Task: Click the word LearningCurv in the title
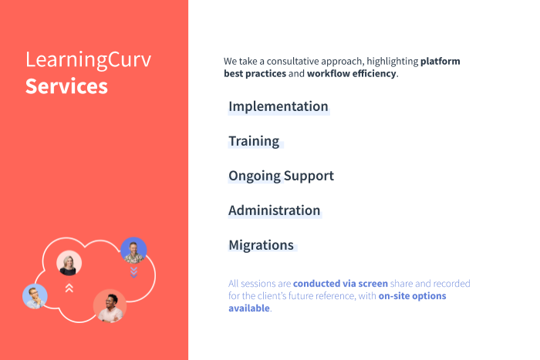pyautogui.click(x=89, y=60)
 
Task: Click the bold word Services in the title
pyautogui.click(x=66, y=86)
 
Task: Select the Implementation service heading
pyautogui.click(x=278, y=106)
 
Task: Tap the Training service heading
pyautogui.click(x=254, y=141)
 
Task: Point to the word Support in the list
pyautogui.click(x=309, y=176)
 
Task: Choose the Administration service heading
pyautogui.click(x=274, y=210)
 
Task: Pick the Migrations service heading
pyautogui.click(x=261, y=245)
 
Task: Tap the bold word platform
pyautogui.click(x=440, y=61)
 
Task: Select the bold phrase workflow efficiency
pyautogui.click(x=351, y=74)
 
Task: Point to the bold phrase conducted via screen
pyautogui.click(x=340, y=284)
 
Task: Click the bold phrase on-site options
pyautogui.click(x=412, y=296)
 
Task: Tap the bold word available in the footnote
pyautogui.click(x=248, y=308)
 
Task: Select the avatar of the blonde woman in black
pyautogui.click(x=69, y=264)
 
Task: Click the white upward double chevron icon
pyautogui.click(x=69, y=288)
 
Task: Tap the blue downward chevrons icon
pyautogui.click(x=133, y=272)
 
